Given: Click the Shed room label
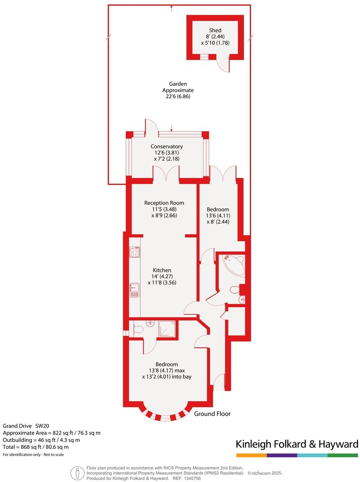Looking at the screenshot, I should point(215,31).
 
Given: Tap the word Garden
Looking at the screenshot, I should point(178,84).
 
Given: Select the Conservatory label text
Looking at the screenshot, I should point(166,146).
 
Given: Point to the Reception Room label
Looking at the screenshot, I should point(164,203).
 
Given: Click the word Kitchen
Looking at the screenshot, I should point(161,270).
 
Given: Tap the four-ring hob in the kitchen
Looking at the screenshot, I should point(135,252).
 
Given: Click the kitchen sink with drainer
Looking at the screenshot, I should point(134,290).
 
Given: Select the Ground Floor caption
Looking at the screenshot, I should point(212,413).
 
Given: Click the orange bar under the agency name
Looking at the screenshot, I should point(251,455).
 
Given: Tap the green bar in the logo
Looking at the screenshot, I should point(343,455).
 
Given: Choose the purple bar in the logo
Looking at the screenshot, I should point(282,455).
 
